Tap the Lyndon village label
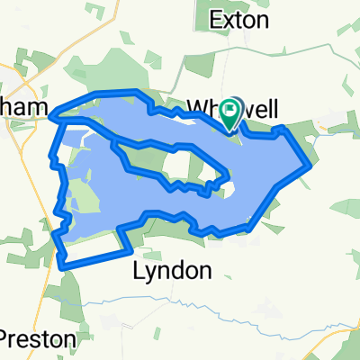click(x=173, y=269)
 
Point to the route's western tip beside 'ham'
click(x=53, y=114)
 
